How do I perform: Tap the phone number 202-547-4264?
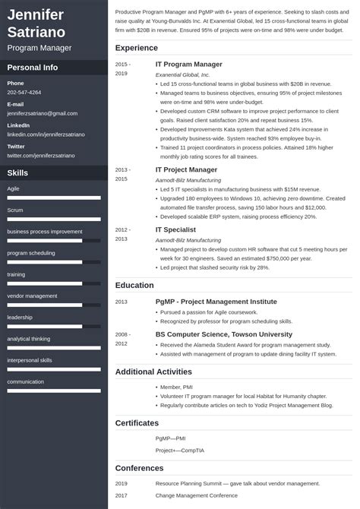click(x=24, y=92)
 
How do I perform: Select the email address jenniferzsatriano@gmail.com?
click(x=43, y=113)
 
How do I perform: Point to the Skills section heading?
click(x=17, y=172)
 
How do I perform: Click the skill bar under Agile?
click(x=54, y=198)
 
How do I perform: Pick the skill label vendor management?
click(x=32, y=296)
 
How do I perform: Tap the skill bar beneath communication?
click(x=54, y=391)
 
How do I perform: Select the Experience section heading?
click(x=137, y=48)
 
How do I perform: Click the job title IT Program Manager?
click(x=189, y=65)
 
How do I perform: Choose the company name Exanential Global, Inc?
click(x=184, y=75)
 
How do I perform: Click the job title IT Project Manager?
click(x=186, y=169)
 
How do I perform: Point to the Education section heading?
click(x=135, y=285)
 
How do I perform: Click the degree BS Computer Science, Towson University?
click(x=223, y=334)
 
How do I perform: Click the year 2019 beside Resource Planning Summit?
click(x=122, y=483)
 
